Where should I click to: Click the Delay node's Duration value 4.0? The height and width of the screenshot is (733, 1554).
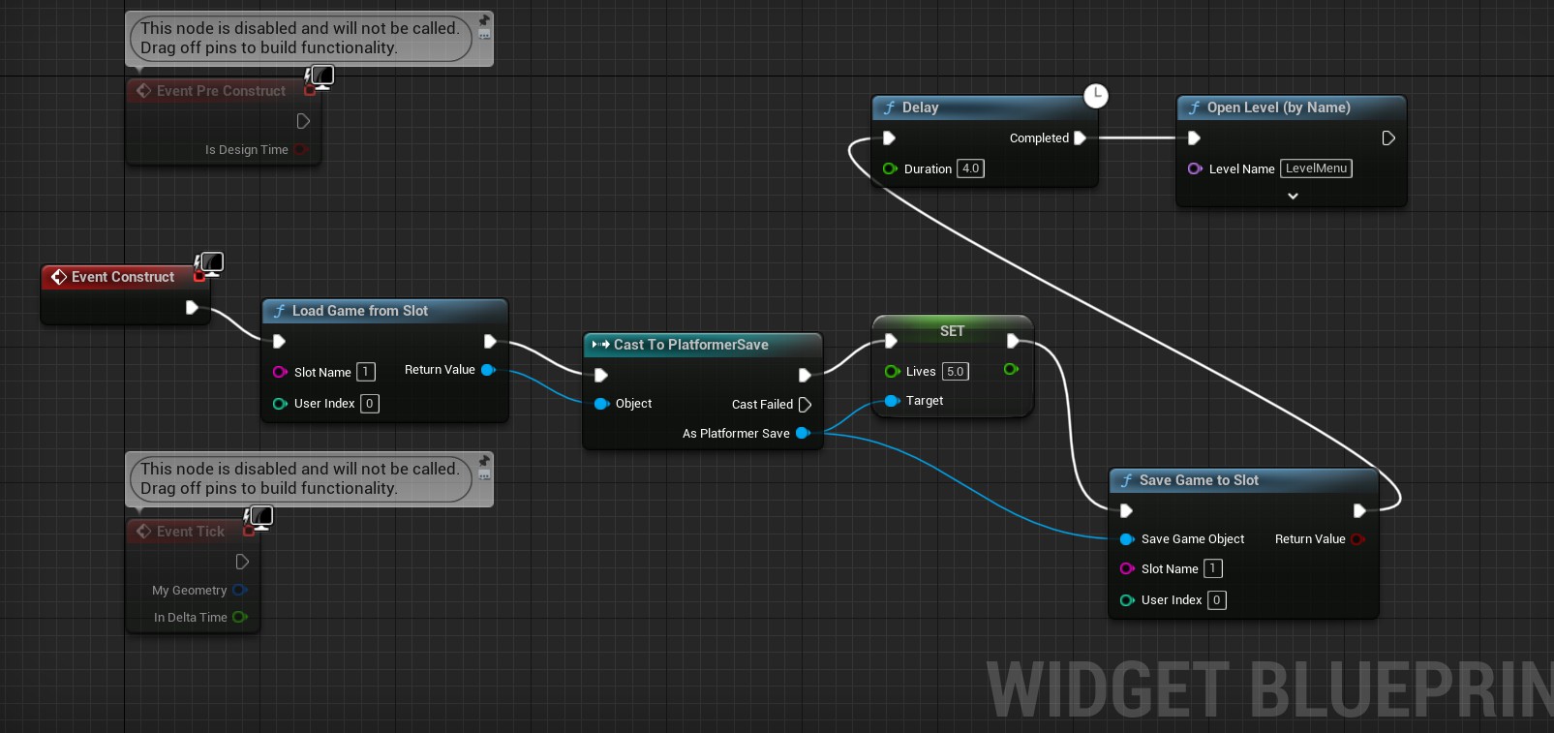tap(970, 168)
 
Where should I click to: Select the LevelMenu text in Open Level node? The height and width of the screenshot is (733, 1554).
tap(1316, 168)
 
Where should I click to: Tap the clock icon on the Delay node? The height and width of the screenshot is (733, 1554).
tap(1095, 95)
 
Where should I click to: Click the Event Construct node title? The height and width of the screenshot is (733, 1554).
tap(122, 277)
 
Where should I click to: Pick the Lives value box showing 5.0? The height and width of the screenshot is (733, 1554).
tap(955, 372)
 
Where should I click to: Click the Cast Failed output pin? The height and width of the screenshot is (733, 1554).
tap(805, 405)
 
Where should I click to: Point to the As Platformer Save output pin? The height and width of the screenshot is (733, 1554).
tap(802, 433)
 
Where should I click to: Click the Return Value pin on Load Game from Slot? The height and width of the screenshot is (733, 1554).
tap(488, 370)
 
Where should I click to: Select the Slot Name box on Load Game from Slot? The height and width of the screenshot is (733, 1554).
tap(365, 372)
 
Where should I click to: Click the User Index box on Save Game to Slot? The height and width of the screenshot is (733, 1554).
tap(1216, 600)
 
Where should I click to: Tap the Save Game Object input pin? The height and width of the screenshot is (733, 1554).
tap(1127, 539)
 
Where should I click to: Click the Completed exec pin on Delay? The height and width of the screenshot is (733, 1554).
tap(1080, 138)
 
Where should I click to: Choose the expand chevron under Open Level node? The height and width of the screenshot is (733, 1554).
tap(1293, 196)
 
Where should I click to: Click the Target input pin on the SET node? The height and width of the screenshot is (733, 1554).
tap(892, 401)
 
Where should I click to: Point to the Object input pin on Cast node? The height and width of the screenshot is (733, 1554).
tap(601, 404)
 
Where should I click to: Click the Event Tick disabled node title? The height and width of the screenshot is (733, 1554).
tap(190, 532)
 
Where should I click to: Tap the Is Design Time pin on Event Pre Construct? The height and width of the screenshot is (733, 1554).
tap(300, 149)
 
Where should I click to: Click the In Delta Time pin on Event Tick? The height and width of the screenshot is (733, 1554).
tap(239, 617)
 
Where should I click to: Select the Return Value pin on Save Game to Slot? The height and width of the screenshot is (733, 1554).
tap(1357, 539)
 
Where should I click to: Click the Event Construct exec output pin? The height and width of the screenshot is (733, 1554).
tap(192, 308)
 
